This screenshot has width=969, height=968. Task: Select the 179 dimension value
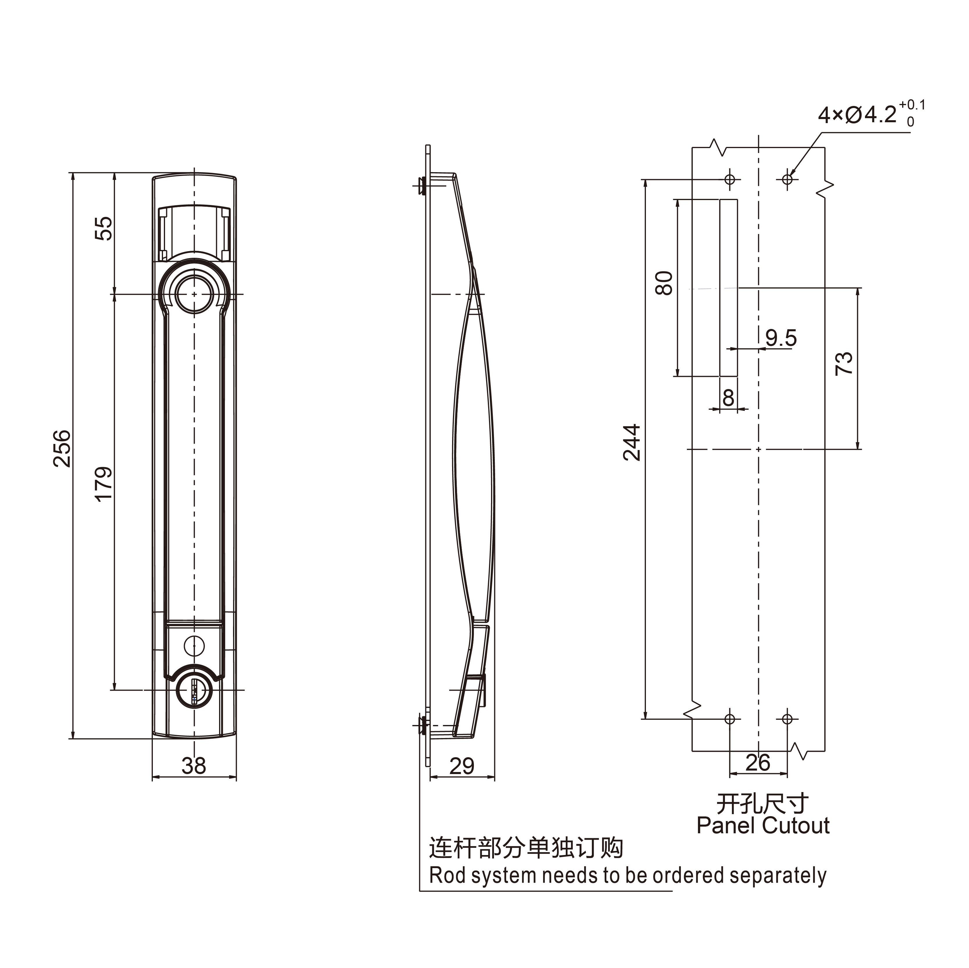[x=104, y=484]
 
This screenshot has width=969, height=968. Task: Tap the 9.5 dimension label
[x=781, y=338]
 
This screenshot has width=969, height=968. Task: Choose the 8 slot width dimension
[x=728, y=398]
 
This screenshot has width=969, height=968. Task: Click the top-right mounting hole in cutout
[x=787, y=179]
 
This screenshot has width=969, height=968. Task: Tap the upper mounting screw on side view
[x=423, y=186]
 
